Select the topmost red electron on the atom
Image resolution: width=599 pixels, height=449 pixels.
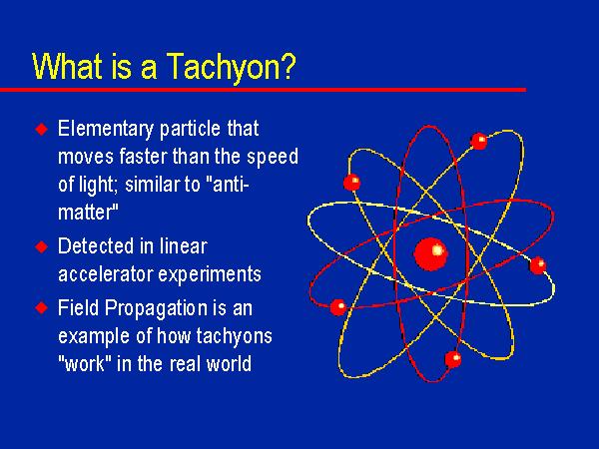coord(478,141)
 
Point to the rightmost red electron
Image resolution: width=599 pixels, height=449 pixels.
coord(538,265)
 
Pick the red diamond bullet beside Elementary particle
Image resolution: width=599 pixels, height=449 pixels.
coord(42,130)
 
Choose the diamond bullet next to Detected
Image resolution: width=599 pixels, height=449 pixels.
coord(42,245)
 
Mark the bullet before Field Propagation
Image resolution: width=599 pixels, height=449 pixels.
coord(42,307)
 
